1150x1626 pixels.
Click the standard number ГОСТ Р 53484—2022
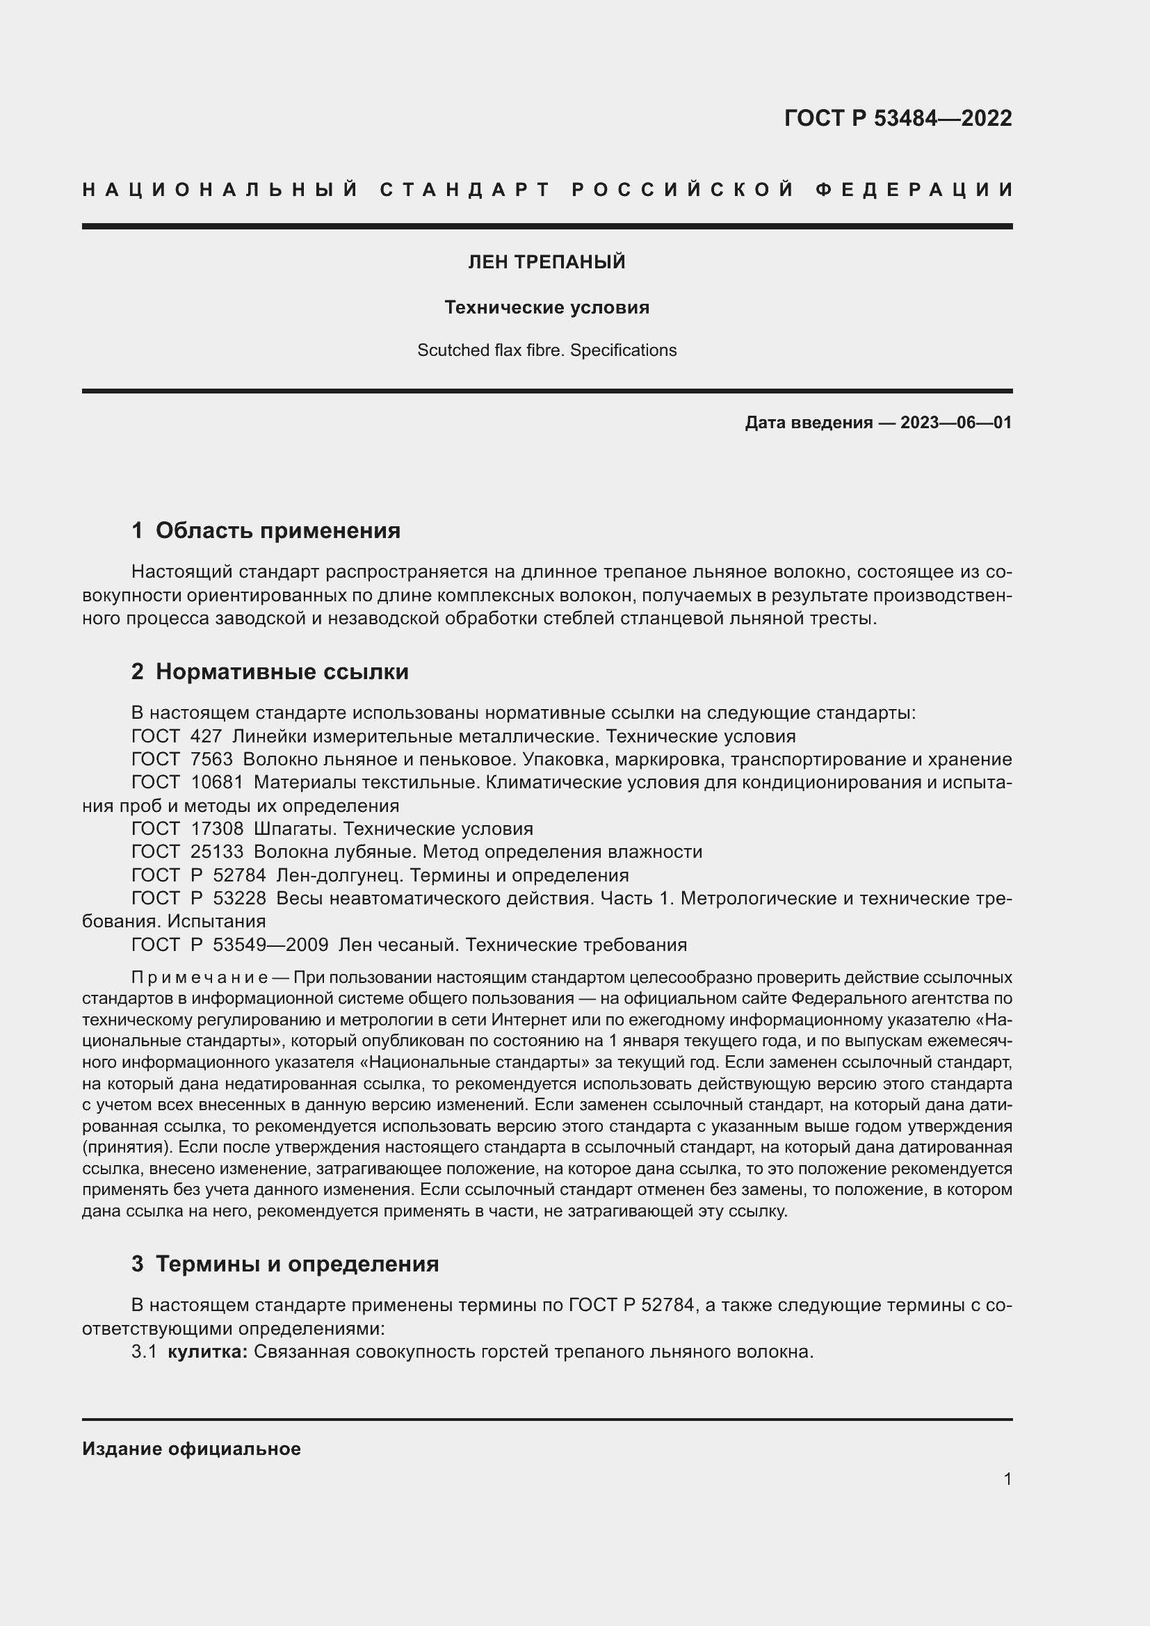(x=897, y=118)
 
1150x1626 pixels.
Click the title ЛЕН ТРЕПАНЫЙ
(x=546, y=262)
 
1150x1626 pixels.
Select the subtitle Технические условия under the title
(x=546, y=307)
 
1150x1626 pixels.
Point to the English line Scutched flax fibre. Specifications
(x=546, y=350)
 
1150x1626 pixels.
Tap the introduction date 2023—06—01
(x=955, y=423)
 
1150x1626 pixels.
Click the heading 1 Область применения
(x=266, y=530)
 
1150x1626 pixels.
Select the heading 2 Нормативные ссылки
(x=270, y=672)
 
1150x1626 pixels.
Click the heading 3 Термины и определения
(x=284, y=1264)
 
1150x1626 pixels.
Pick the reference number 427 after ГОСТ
(x=206, y=736)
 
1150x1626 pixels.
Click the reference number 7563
(x=211, y=759)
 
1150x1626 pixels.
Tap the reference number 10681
(x=217, y=783)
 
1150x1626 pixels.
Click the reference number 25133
(x=217, y=852)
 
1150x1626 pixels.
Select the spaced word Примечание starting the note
(x=199, y=978)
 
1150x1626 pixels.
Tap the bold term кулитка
(x=206, y=1352)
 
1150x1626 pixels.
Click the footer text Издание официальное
(x=191, y=1449)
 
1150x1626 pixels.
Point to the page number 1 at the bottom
(x=1007, y=1479)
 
